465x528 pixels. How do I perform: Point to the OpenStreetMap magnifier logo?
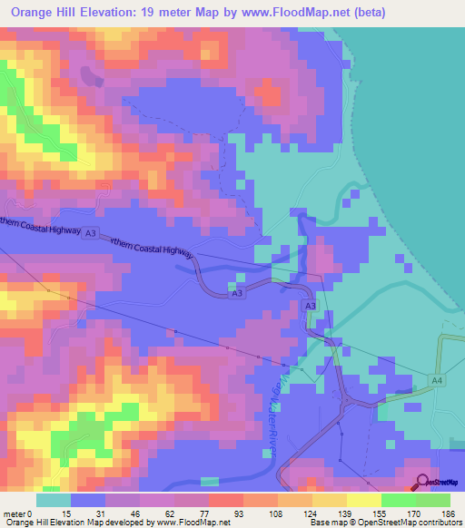[423, 482]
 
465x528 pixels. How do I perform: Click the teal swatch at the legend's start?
[53, 500]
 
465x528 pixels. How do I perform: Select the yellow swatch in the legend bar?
[363, 500]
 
